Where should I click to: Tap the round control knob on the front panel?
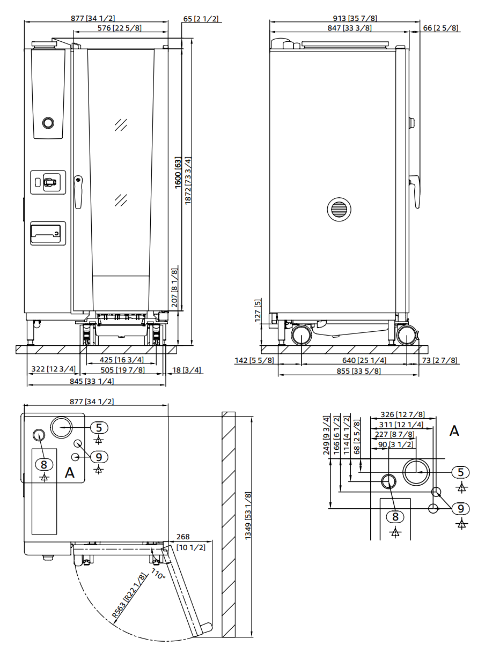pos(48,123)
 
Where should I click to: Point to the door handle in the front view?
pos(78,191)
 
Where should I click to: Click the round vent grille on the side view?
pos(339,209)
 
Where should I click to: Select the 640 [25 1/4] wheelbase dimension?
pos(364,360)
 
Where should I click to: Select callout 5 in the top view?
pos(99,427)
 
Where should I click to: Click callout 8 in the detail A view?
pos(395,517)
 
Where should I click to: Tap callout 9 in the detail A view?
pos(460,508)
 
